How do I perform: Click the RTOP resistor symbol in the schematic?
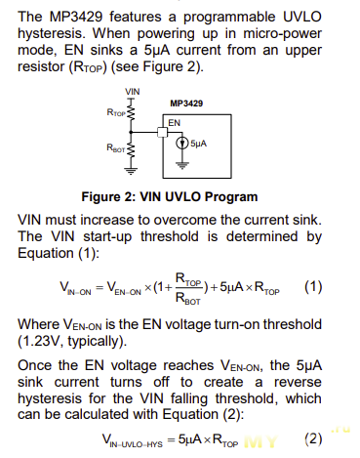[x=131, y=112]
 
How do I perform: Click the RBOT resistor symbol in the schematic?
[x=131, y=150]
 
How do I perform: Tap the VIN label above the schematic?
[x=133, y=92]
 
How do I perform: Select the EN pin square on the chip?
[x=162, y=132]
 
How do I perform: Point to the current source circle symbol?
[x=182, y=144]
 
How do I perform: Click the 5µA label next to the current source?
[x=199, y=144]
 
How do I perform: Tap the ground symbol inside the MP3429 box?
[x=182, y=166]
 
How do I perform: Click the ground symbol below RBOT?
[x=131, y=171]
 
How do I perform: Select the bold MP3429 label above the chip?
[x=186, y=104]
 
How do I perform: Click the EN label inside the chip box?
[x=174, y=123]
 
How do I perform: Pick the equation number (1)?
[x=313, y=287]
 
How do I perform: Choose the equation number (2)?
[x=313, y=439]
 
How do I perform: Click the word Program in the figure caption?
[x=231, y=197]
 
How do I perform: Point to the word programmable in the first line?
[x=229, y=18]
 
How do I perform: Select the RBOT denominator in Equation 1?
[x=188, y=299]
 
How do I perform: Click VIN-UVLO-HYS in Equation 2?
[x=133, y=440]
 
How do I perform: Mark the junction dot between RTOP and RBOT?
[x=131, y=132]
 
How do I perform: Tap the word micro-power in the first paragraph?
[x=282, y=34]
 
